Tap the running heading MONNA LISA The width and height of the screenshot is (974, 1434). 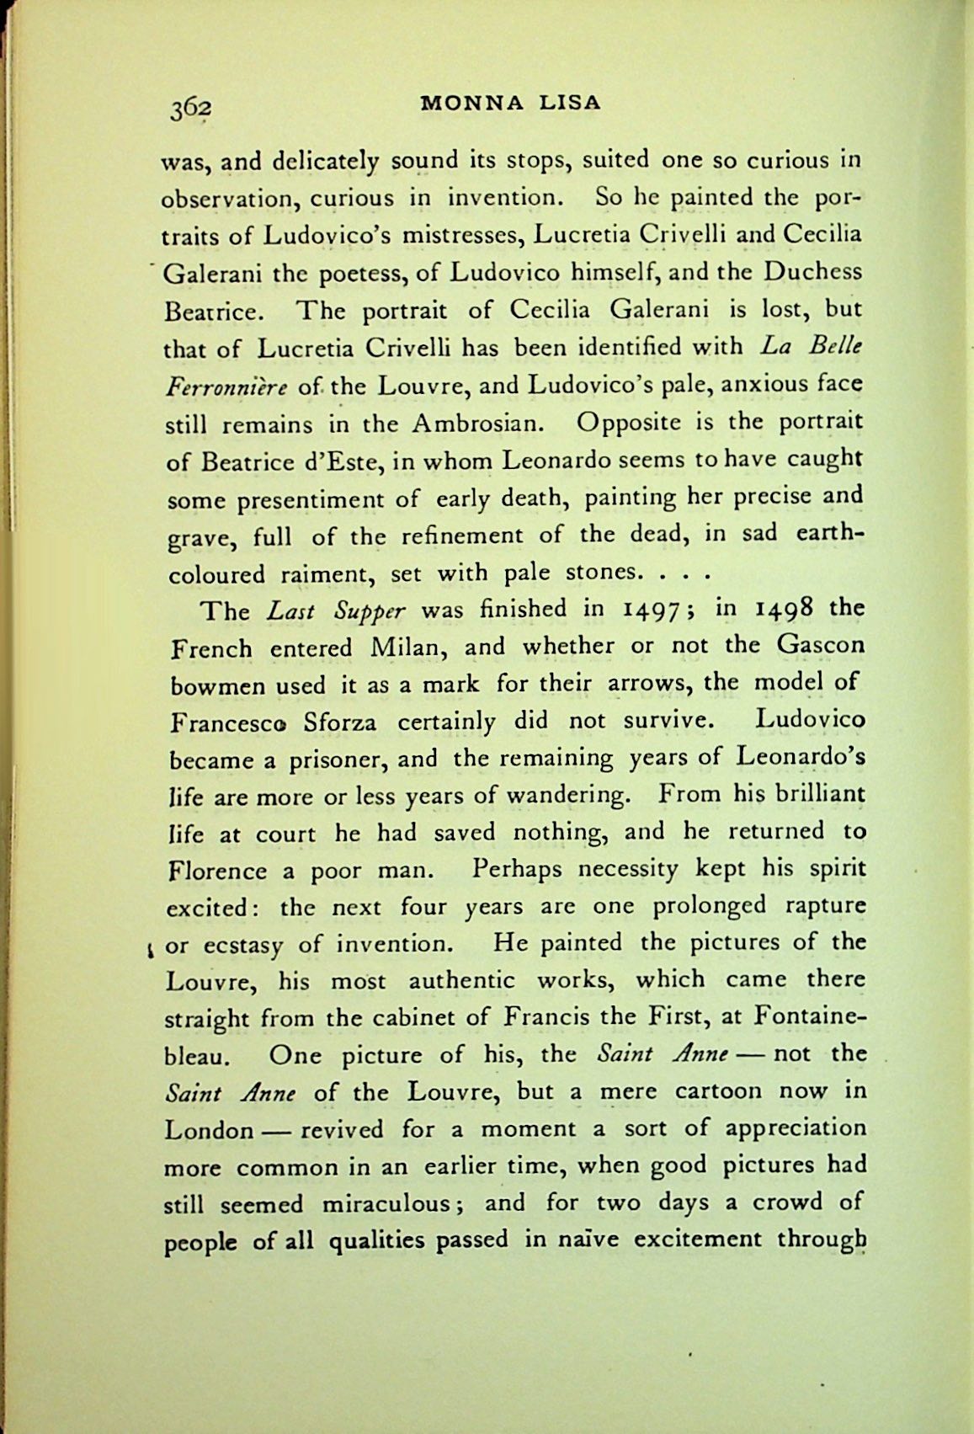511,103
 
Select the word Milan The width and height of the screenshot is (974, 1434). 412,648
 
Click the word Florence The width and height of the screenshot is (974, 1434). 219,871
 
